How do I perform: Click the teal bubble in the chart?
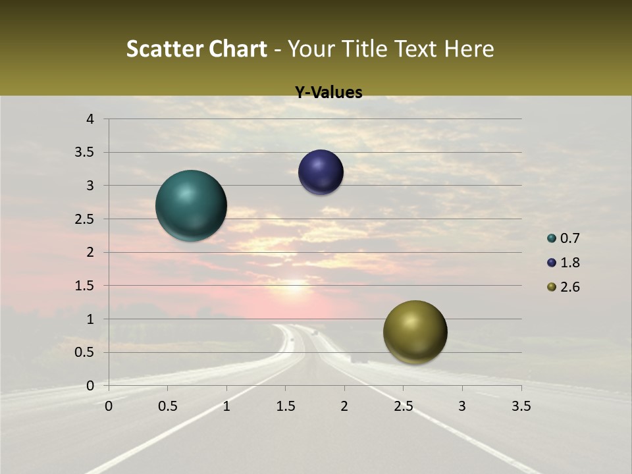click(x=191, y=205)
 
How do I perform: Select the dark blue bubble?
click(x=321, y=172)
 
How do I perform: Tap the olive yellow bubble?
click(x=415, y=332)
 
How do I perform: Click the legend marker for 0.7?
click(x=552, y=238)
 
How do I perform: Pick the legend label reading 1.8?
click(x=569, y=263)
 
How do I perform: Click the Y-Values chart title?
click(x=328, y=93)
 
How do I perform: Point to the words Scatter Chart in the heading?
click(x=197, y=49)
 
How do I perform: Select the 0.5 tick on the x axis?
click(x=167, y=406)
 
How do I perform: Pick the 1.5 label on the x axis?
click(x=285, y=406)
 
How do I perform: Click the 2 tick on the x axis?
click(x=344, y=406)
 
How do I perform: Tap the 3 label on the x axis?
click(x=462, y=406)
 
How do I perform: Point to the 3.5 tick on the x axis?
click(x=521, y=406)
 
